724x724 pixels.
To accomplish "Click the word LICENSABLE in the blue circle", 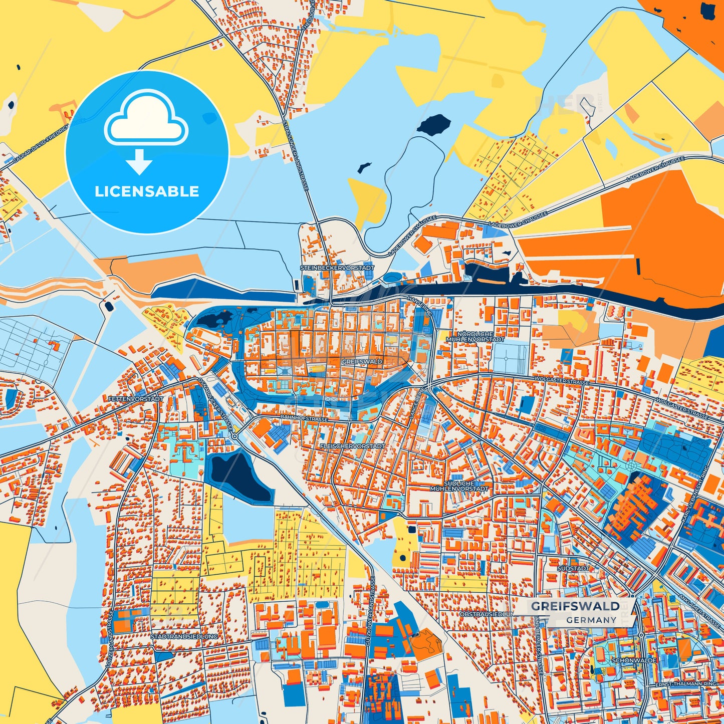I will [147, 191].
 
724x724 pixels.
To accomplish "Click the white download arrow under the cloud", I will [139, 162].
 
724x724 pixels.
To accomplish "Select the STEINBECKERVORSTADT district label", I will [337, 268].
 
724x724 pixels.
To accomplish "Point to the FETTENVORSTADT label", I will [135, 399].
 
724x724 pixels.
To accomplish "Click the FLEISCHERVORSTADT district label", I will [352, 445].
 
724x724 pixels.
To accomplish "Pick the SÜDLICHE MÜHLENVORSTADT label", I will [459, 486].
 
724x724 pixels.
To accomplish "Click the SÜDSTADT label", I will [573, 569].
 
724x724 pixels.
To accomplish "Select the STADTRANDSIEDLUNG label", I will [184, 636].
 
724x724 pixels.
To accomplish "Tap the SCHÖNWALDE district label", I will [634, 660].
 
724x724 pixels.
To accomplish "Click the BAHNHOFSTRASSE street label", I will [304, 418].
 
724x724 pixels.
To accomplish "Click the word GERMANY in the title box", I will [591, 620].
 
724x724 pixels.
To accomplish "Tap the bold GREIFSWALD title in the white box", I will [575, 606].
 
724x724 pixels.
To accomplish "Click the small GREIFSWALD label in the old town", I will [362, 361].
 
